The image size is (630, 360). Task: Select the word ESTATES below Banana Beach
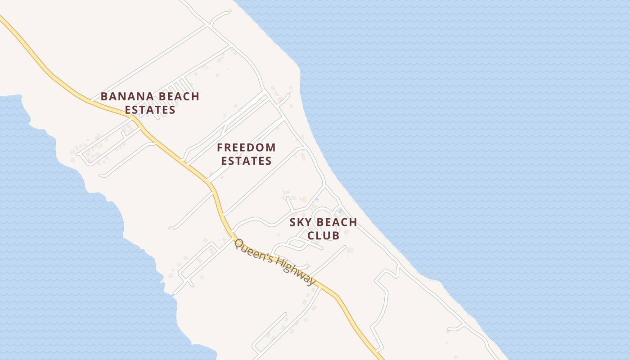coord(150,110)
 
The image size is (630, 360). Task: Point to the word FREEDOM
coord(246,148)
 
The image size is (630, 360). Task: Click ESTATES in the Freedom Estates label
coord(246,161)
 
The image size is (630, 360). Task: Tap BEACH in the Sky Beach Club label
coord(337,222)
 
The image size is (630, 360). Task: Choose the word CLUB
coord(323,235)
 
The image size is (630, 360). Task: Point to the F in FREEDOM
coord(220,148)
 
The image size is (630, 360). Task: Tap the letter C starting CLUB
coord(310,235)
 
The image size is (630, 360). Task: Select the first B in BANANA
coord(104,96)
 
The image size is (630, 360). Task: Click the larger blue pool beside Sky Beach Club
coord(340,211)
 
